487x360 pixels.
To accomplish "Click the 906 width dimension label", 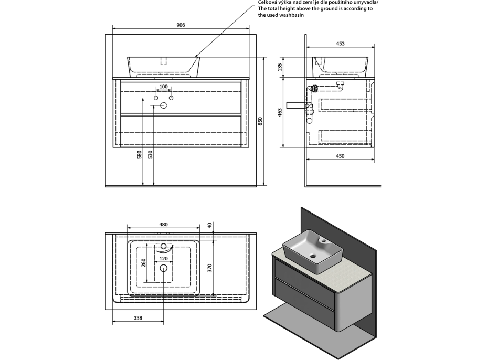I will coord(180,25).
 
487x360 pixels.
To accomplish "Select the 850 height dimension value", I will coord(260,121).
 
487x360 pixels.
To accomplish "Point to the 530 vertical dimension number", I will coord(151,155).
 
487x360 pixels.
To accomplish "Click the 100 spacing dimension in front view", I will coord(164,87).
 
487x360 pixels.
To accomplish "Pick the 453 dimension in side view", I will coord(340,44).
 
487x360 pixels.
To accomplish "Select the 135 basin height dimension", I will coord(280,67).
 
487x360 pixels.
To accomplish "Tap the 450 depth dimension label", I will coord(340,156).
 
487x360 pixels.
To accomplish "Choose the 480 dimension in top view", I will coord(163,225).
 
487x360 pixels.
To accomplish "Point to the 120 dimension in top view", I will coord(163,259).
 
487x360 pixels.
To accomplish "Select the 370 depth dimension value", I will coord(209,268).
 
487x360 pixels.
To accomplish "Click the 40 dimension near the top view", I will coord(209,226).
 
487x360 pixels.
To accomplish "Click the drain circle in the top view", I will coord(163,269).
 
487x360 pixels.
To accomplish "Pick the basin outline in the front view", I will coord(163,67).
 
